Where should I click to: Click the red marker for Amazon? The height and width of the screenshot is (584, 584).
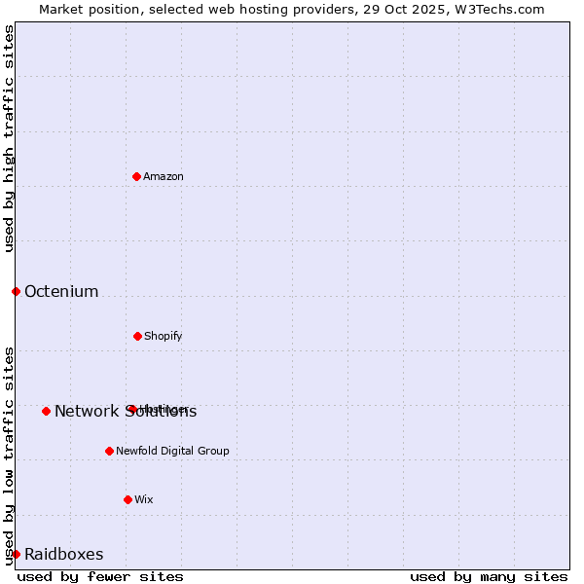pos(136,176)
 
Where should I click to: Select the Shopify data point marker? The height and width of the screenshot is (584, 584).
pos(137,336)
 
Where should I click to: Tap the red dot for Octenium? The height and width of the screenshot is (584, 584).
pos(16,291)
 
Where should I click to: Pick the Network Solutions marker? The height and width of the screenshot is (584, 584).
pos(46,411)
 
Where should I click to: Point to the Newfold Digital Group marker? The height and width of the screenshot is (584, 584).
pos(109,451)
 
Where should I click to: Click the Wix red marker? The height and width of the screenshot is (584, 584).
pos(128,499)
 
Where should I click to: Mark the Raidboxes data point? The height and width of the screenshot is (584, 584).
pos(16,554)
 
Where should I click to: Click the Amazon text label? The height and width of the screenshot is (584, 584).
pos(164,176)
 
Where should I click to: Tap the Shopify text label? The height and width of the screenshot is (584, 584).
pos(164,336)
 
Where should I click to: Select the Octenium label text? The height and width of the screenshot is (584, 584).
pos(61,291)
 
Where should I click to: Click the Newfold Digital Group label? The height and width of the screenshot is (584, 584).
pos(172,451)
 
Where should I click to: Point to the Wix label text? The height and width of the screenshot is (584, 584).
pos(144,499)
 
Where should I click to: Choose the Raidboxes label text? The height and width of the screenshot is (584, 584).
pos(64,554)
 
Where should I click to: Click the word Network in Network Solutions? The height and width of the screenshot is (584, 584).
pos(86,411)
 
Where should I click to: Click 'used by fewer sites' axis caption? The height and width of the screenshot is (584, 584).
pos(100,576)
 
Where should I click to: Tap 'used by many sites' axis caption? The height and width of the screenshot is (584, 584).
pos(489,576)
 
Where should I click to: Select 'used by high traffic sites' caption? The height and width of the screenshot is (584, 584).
pos(9,138)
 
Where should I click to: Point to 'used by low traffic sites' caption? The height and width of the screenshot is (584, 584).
pos(9,456)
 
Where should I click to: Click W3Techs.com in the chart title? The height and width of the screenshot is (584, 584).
pos(501,9)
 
